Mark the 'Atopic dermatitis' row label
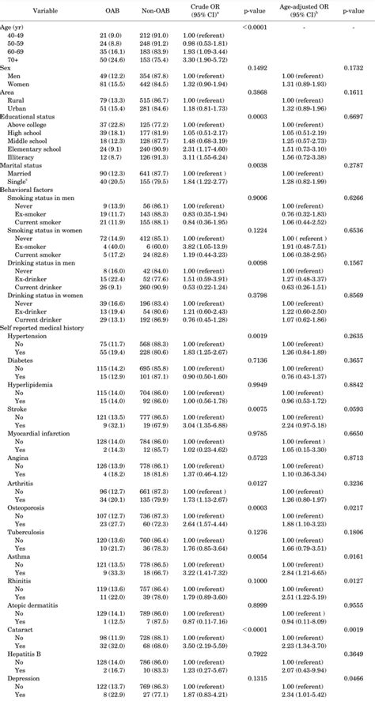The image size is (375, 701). [x=38, y=605]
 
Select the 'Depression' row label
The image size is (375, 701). [x=28, y=679]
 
